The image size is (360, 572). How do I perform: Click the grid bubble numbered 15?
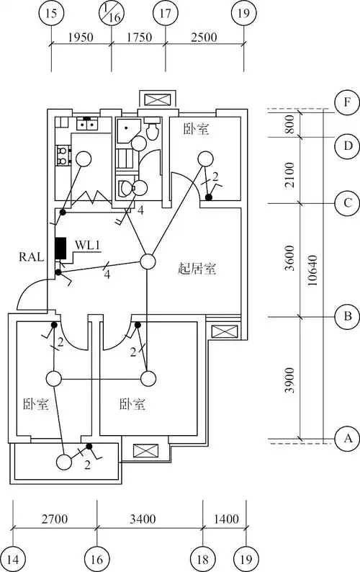(x=51, y=12)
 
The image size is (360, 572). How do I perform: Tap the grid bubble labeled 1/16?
(x=111, y=12)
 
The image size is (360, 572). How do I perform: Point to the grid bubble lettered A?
(x=347, y=437)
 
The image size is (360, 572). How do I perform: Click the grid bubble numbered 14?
(x=14, y=559)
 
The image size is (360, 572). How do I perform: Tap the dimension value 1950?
(x=81, y=37)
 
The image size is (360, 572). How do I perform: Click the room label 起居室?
(x=197, y=269)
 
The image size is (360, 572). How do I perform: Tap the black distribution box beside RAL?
(x=60, y=249)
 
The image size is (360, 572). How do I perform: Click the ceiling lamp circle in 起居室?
(x=148, y=262)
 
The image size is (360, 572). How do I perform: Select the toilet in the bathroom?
(x=152, y=130)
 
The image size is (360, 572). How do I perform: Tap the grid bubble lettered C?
(x=347, y=203)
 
